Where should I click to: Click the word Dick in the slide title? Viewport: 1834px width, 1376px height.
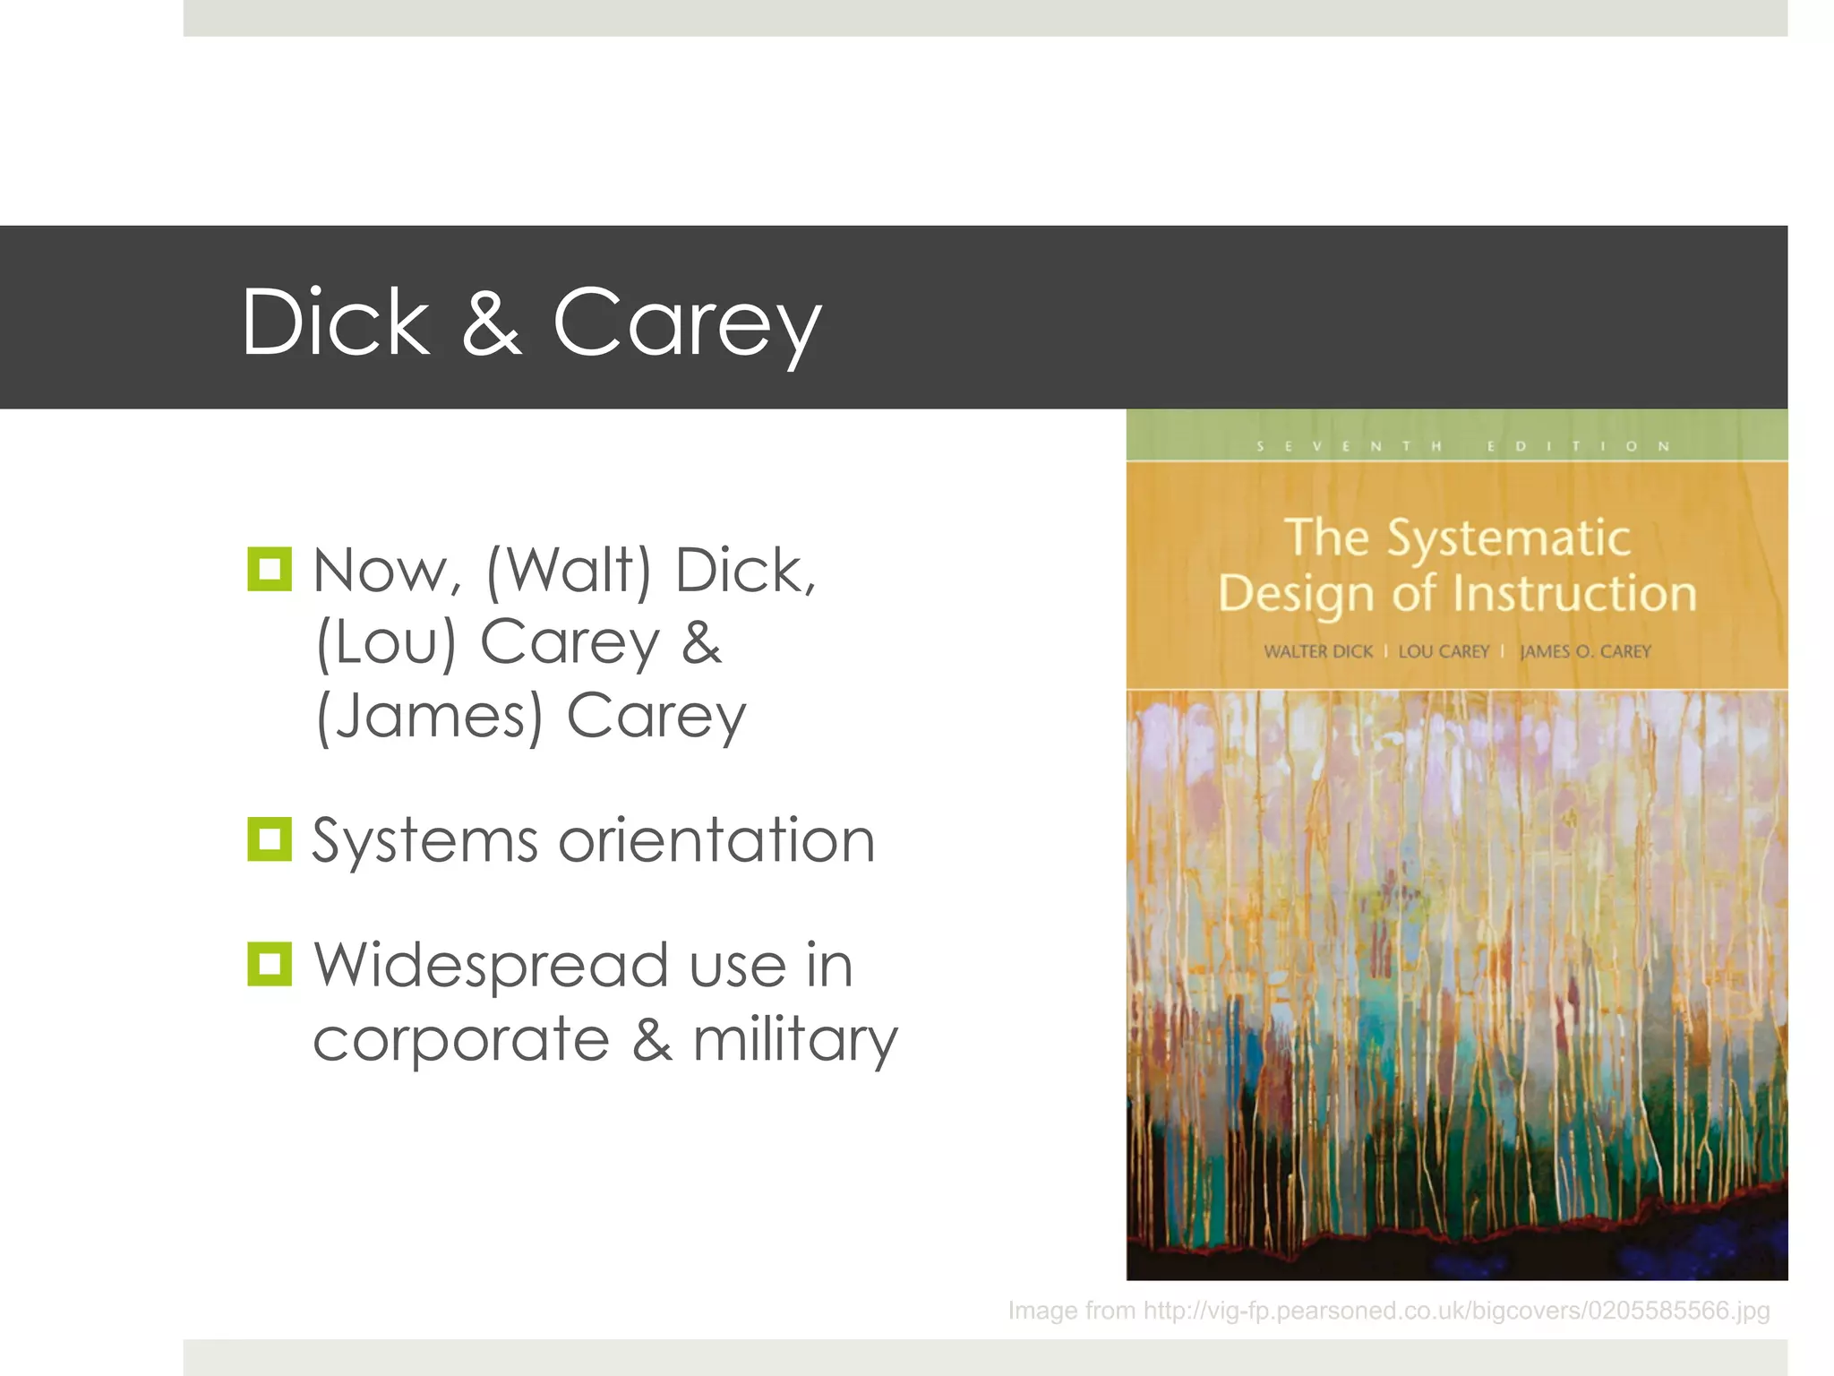point(336,322)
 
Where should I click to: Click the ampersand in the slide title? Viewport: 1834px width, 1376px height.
point(492,322)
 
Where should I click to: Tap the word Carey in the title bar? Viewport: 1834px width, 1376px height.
point(687,324)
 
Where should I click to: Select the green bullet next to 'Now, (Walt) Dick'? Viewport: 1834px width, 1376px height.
point(270,569)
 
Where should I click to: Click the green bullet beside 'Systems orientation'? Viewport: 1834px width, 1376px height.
point(270,839)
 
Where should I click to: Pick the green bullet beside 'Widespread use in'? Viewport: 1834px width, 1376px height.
point(270,964)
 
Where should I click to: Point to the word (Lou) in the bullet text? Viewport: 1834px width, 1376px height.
point(386,643)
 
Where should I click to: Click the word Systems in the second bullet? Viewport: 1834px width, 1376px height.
point(424,842)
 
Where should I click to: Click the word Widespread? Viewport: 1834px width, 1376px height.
point(492,966)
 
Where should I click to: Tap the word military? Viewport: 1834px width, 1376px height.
point(795,1041)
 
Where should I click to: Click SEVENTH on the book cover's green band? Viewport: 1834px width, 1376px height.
point(1350,446)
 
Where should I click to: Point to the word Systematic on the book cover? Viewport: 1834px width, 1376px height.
point(1508,539)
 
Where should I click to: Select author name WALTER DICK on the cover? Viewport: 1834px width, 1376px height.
point(1317,652)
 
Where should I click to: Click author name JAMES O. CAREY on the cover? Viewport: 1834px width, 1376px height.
point(1585,652)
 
